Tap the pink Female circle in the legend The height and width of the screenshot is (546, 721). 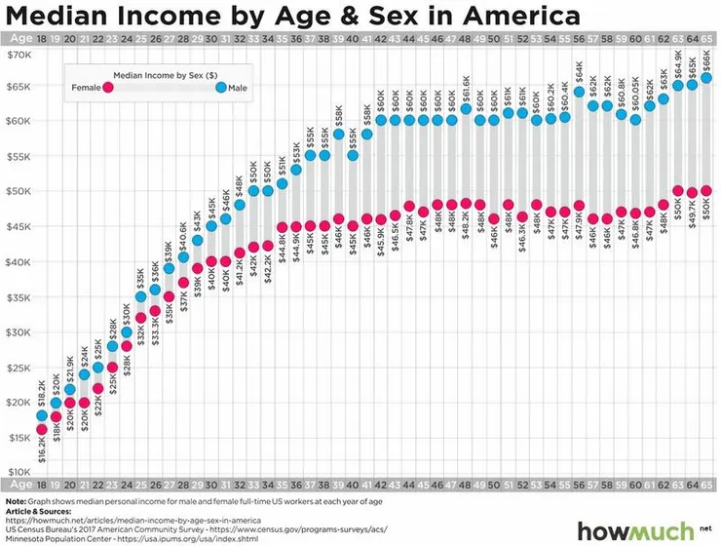pyautogui.click(x=109, y=88)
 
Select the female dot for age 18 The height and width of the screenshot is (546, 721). pyautogui.click(x=42, y=430)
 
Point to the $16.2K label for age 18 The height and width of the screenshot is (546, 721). pyautogui.click(x=42, y=453)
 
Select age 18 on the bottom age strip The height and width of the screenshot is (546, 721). pyautogui.click(x=42, y=485)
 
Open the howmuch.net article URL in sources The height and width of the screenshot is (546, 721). pyautogui.click(x=136, y=521)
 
